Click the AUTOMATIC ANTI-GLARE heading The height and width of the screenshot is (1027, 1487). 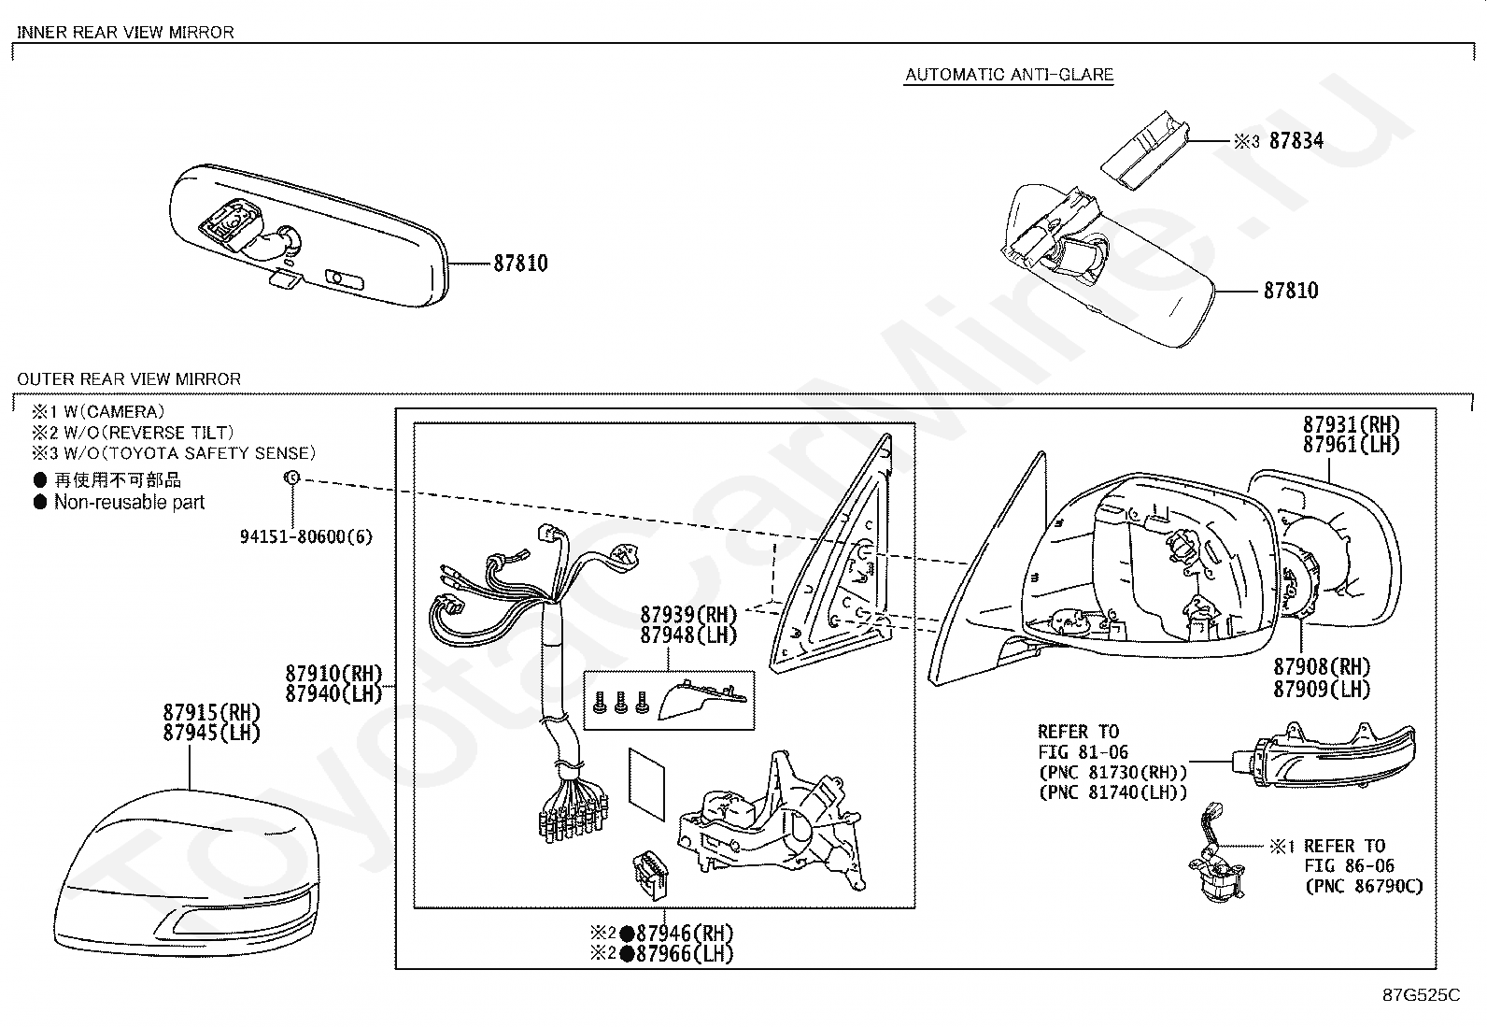coord(1009,75)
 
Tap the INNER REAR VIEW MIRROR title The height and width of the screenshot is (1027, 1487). coord(125,32)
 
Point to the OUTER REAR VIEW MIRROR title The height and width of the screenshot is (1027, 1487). coord(129,378)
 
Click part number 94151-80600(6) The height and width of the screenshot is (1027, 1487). coord(305,536)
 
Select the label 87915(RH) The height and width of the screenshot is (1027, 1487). coord(211,712)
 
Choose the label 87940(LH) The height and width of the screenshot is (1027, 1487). coord(333,693)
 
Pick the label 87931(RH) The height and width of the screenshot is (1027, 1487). coord(1352,424)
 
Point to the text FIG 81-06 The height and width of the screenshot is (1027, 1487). coord(1083,751)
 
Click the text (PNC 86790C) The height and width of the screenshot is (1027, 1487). coord(1363,886)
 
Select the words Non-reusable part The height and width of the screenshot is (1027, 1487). coord(129,502)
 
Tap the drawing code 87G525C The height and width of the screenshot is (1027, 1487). coord(1421,995)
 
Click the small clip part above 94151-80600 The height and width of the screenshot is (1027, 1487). coord(291,478)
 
